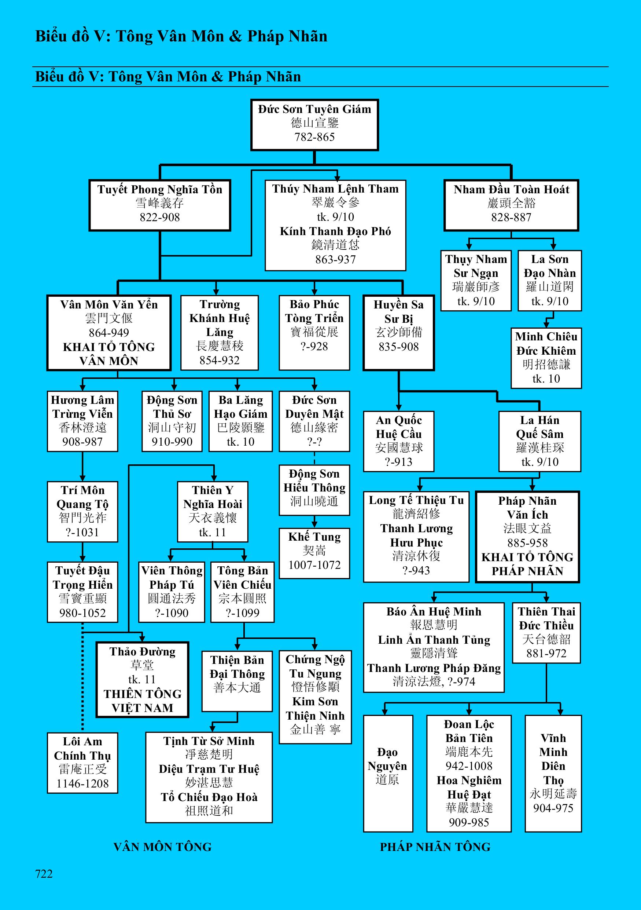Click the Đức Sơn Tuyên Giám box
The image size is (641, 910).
(314, 124)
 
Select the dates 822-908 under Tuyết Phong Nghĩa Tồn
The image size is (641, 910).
(159, 217)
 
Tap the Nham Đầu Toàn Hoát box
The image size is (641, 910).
(511, 205)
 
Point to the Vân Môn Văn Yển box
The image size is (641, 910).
(109, 333)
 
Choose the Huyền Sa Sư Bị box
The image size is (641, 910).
(398, 333)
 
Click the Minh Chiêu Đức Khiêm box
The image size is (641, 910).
(546, 358)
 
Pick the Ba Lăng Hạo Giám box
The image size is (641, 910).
(240, 421)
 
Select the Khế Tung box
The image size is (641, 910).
(314, 553)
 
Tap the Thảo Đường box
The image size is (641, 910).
(142, 679)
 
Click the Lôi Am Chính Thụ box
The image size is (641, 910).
(82, 763)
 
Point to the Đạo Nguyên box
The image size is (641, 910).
(388, 773)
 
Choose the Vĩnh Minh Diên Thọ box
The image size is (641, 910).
(553, 773)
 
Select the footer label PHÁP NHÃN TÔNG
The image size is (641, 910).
(435, 847)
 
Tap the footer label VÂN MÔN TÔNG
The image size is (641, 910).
(162, 847)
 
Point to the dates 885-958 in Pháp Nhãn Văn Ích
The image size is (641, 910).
(527, 542)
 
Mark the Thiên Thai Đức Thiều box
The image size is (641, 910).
(546, 633)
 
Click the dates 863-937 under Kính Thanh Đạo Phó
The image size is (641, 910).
(335, 259)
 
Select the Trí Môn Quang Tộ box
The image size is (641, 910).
(82, 511)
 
